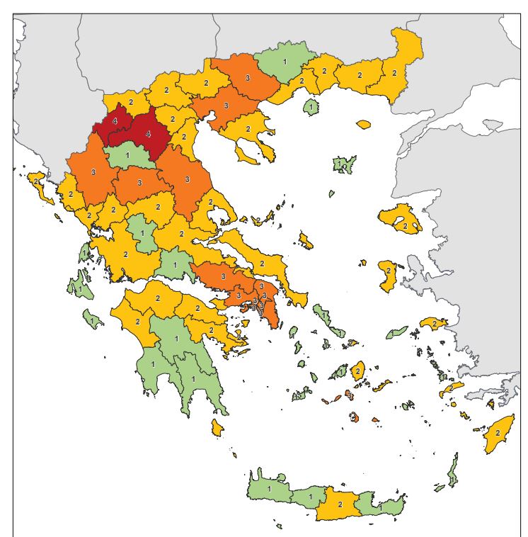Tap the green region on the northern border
pos(285,62)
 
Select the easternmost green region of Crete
pos(380,507)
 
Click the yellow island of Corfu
pos(37,183)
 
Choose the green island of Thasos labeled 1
pos(310,108)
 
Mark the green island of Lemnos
pos(343,165)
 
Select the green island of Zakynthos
pos(91,320)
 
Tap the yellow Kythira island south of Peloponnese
pos(217,427)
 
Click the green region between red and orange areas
pos(127,155)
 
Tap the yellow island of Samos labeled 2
pos(431,324)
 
